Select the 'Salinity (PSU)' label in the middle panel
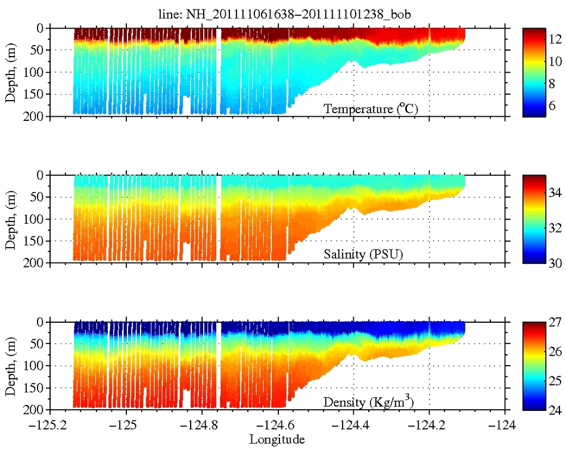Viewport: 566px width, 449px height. click(x=363, y=255)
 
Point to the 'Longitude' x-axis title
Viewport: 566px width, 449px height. click(x=278, y=440)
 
